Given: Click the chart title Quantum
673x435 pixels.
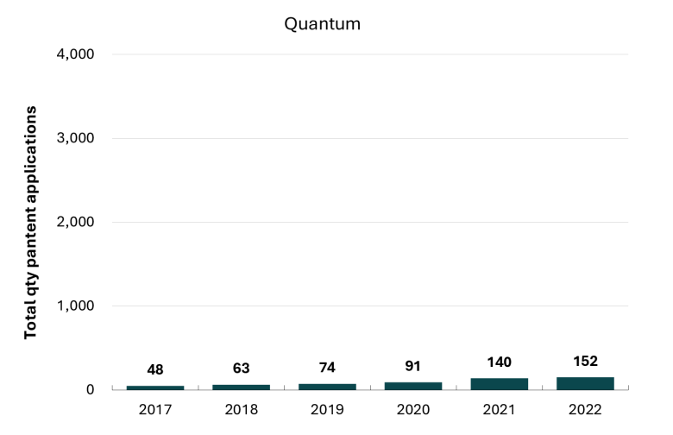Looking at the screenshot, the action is tap(323, 24).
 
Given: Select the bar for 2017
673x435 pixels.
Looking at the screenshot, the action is tap(155, 388).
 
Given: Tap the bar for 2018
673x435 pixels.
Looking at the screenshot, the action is tap(242, 388).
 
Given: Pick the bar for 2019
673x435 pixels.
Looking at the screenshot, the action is tap(328, 387).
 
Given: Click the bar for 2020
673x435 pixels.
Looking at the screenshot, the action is tap(413, 386).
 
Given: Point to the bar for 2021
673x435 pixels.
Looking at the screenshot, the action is tap(500, 384).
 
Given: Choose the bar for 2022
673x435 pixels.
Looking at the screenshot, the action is tap(586, 383).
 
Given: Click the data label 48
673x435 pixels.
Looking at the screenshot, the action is tap(155, 369).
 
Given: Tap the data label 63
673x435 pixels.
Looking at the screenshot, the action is tap(242, 368).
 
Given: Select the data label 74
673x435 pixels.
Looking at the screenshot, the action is tap(328, 367).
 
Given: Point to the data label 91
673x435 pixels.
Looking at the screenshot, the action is tap(413, 366).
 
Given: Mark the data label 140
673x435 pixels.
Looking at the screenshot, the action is tap(500, 362).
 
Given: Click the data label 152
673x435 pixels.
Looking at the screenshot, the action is tap(586, 361).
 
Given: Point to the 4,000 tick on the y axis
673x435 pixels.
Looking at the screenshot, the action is tap(76, 54).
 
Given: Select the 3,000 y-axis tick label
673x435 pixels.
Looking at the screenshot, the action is tap(76, 138).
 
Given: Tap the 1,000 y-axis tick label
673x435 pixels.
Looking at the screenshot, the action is tap(76, 306).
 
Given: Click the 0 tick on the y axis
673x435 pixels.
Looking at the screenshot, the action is tap(90, 389).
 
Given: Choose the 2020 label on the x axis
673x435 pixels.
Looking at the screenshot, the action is tap(413, 410).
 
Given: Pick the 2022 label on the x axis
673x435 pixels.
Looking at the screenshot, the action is tap(586, 410).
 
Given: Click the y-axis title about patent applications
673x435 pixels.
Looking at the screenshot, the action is tap(30, 223).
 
